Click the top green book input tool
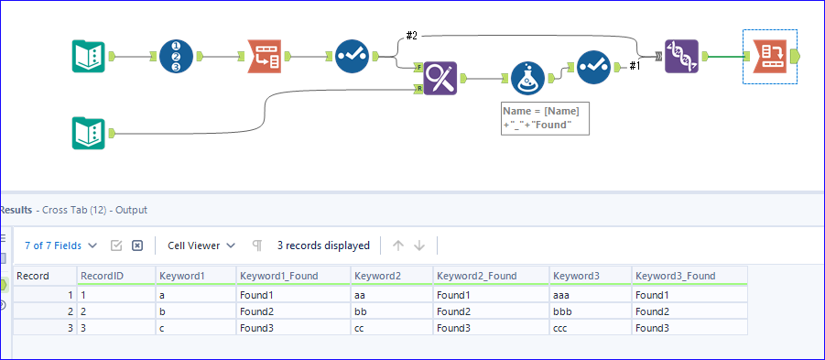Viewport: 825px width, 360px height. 89,56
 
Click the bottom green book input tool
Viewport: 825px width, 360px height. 89,134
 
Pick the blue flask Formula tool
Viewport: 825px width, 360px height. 528,79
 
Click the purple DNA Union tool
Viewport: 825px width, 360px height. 681,56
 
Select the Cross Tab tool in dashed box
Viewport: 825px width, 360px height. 768,56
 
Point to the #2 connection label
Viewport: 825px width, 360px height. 411,35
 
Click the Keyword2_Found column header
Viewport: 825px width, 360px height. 476,275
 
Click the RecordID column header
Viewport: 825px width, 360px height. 96,275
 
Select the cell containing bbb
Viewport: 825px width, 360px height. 567,311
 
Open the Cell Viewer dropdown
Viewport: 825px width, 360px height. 201,245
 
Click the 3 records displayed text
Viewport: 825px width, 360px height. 323,245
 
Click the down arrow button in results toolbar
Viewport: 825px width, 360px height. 419,245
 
